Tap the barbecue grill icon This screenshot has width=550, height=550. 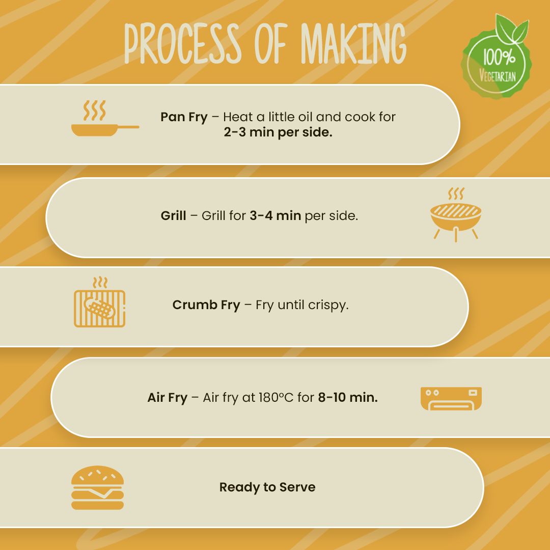[456, 215]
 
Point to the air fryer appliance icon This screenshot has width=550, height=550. [451, 398]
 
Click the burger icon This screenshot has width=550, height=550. [97, 487]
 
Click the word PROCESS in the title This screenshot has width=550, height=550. [183, 43]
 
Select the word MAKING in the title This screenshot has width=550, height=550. [353, 43]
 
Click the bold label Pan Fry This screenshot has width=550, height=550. [184, 117]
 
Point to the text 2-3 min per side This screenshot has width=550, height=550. [278, 132]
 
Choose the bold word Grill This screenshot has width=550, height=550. [173, 216]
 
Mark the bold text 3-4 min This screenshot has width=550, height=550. [276, 216]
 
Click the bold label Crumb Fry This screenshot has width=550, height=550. [206, 305]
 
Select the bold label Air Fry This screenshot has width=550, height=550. [168, 398]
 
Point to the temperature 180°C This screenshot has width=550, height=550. [276, 397]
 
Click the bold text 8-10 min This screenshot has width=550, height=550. [348, 397]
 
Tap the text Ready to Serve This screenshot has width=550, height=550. [267, 487]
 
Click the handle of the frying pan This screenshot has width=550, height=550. [128, 127]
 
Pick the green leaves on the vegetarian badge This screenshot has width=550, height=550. [512, 29]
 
